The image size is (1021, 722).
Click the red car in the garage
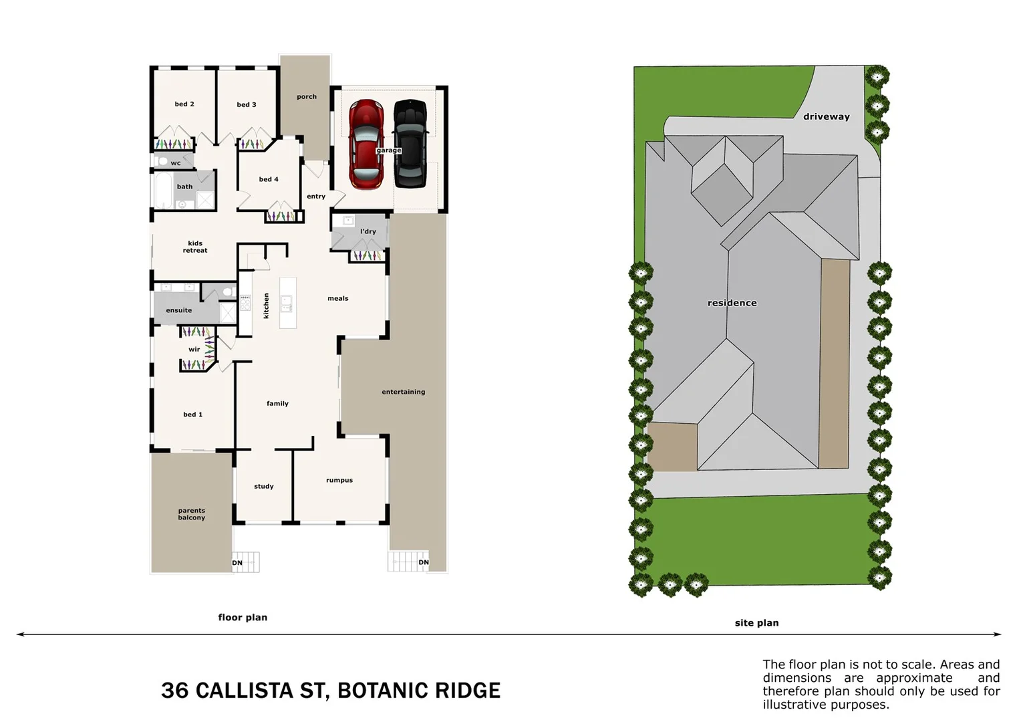click(x=366, y=144)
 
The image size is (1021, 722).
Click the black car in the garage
click(x=410, y=144)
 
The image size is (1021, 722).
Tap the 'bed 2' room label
click(x=184, y=104)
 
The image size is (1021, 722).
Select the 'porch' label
click(x=307, y=97)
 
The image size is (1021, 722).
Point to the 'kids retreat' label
click(x=195, y=247)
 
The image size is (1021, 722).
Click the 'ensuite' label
click(x=179, y=310)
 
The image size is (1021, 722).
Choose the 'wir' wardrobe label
click(x=194, y=350)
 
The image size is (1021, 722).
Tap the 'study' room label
click(x=264, y=487)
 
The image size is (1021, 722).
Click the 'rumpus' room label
click(x=339, y=480)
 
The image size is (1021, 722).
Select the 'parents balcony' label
click(x=192, y=514)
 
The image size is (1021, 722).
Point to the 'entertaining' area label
click(x=404, y=392)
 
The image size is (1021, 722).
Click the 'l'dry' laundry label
click(x=368, y=232)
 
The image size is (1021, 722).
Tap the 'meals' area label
click(x=338, y=298)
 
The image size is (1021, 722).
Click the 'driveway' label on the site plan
click(x=827, y=116)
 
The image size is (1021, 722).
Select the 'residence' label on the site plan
click(x=732, y=303)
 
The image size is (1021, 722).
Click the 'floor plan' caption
click(x=243, y=618)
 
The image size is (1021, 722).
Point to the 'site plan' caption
click(x=756, y=623)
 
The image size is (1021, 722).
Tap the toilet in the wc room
click(x=161, y=161)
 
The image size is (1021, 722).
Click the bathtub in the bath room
click(x=163, y=190)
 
